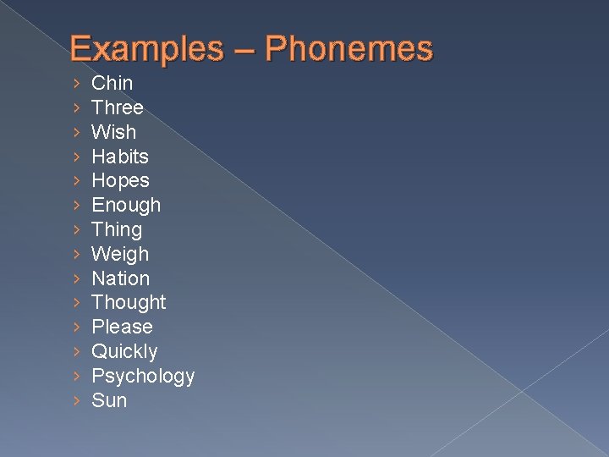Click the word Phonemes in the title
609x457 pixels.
[x=348, y=49]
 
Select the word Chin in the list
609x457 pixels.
[x=112, y=83]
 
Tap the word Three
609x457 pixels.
[x=117, y=107]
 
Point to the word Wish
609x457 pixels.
[x=113, y=132]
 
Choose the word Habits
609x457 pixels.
[x=119, y=157]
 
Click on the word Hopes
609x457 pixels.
[x=120, y=180]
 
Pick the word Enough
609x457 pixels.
[x=125, y=206]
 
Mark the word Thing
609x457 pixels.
[x=116, y=229]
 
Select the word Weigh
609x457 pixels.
[x=119, y=254]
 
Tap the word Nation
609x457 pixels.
[x=120, y=278]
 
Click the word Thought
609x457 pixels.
[x=129, y=302]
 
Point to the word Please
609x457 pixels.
[x=122, y=327]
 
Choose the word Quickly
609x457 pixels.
[x=124, y=351]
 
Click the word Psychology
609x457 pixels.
[x=143, y=376]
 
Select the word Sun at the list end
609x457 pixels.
[x=109, y=400]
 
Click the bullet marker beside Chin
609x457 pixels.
[x=77, y=83]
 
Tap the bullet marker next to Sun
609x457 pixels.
[x=77, y=400]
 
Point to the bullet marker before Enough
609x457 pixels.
[x=77, y=205]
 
